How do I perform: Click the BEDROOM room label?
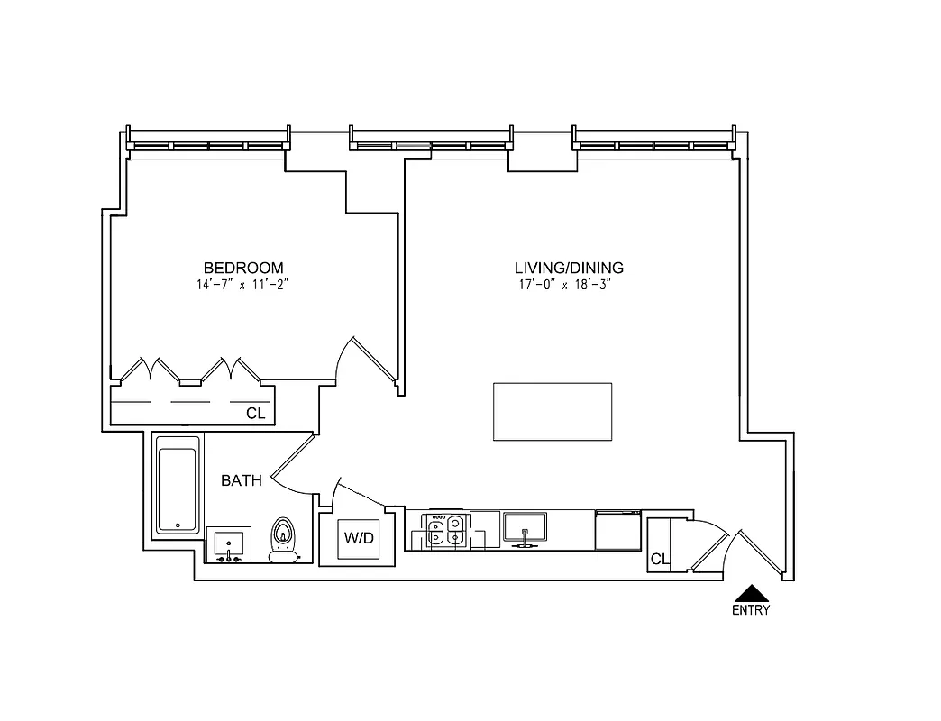[243, 268]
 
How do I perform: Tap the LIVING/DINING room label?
[569, 268]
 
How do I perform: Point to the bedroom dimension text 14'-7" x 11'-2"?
[243, 284]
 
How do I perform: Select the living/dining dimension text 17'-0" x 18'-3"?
[569, 284]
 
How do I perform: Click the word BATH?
[242, 480]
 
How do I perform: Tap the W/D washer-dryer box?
[358, 539]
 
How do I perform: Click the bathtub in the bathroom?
[178, 485]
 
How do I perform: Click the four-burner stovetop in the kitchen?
[445, 532]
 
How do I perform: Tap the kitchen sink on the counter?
[525, 526]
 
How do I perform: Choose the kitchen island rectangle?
[552, 412]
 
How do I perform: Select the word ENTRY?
[751, 610]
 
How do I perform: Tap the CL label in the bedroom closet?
[256, 414]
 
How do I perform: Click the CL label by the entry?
[660, 560]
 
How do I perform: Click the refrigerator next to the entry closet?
[618, 530]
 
